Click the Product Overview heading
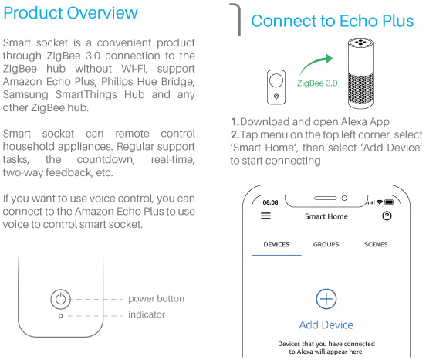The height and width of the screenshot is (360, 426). (71, 13)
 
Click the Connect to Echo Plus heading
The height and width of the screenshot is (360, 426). (333, 21)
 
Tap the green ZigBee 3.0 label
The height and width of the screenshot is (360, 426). (317, 83)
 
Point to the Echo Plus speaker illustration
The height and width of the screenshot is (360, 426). (361, 73)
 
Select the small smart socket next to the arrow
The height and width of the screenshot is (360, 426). (276, 87)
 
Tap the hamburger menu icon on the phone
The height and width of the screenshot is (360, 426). (265, 216)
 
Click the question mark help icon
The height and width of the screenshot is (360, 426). (387, 216)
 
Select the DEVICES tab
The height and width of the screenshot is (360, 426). (276, 244)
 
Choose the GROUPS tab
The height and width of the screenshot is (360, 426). (326, 244)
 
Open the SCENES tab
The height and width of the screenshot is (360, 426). (376, 244)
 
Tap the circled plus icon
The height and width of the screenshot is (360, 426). (326, 299)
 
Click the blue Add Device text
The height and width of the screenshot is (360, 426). (326, 324)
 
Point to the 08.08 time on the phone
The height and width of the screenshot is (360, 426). (270, 202)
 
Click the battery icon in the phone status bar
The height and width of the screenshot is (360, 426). (389, 202)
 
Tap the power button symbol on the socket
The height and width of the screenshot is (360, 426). (61, 299)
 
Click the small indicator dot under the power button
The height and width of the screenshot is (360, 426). (61, 316)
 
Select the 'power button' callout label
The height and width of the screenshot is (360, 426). (156, 298)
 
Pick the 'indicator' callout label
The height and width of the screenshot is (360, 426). (147, 314)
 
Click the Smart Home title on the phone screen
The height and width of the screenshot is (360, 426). (326, 216)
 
